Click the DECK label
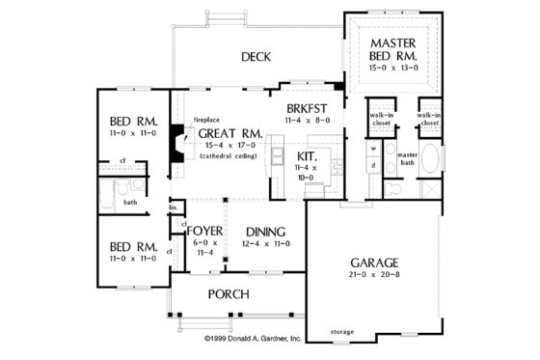coord(255,57)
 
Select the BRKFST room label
coord(308,108)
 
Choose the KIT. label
coord(308,154)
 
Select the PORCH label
coord(228,293)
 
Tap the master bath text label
coord(407,158)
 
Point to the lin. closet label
coord(175,208)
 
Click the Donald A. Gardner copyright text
coord(253,339)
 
